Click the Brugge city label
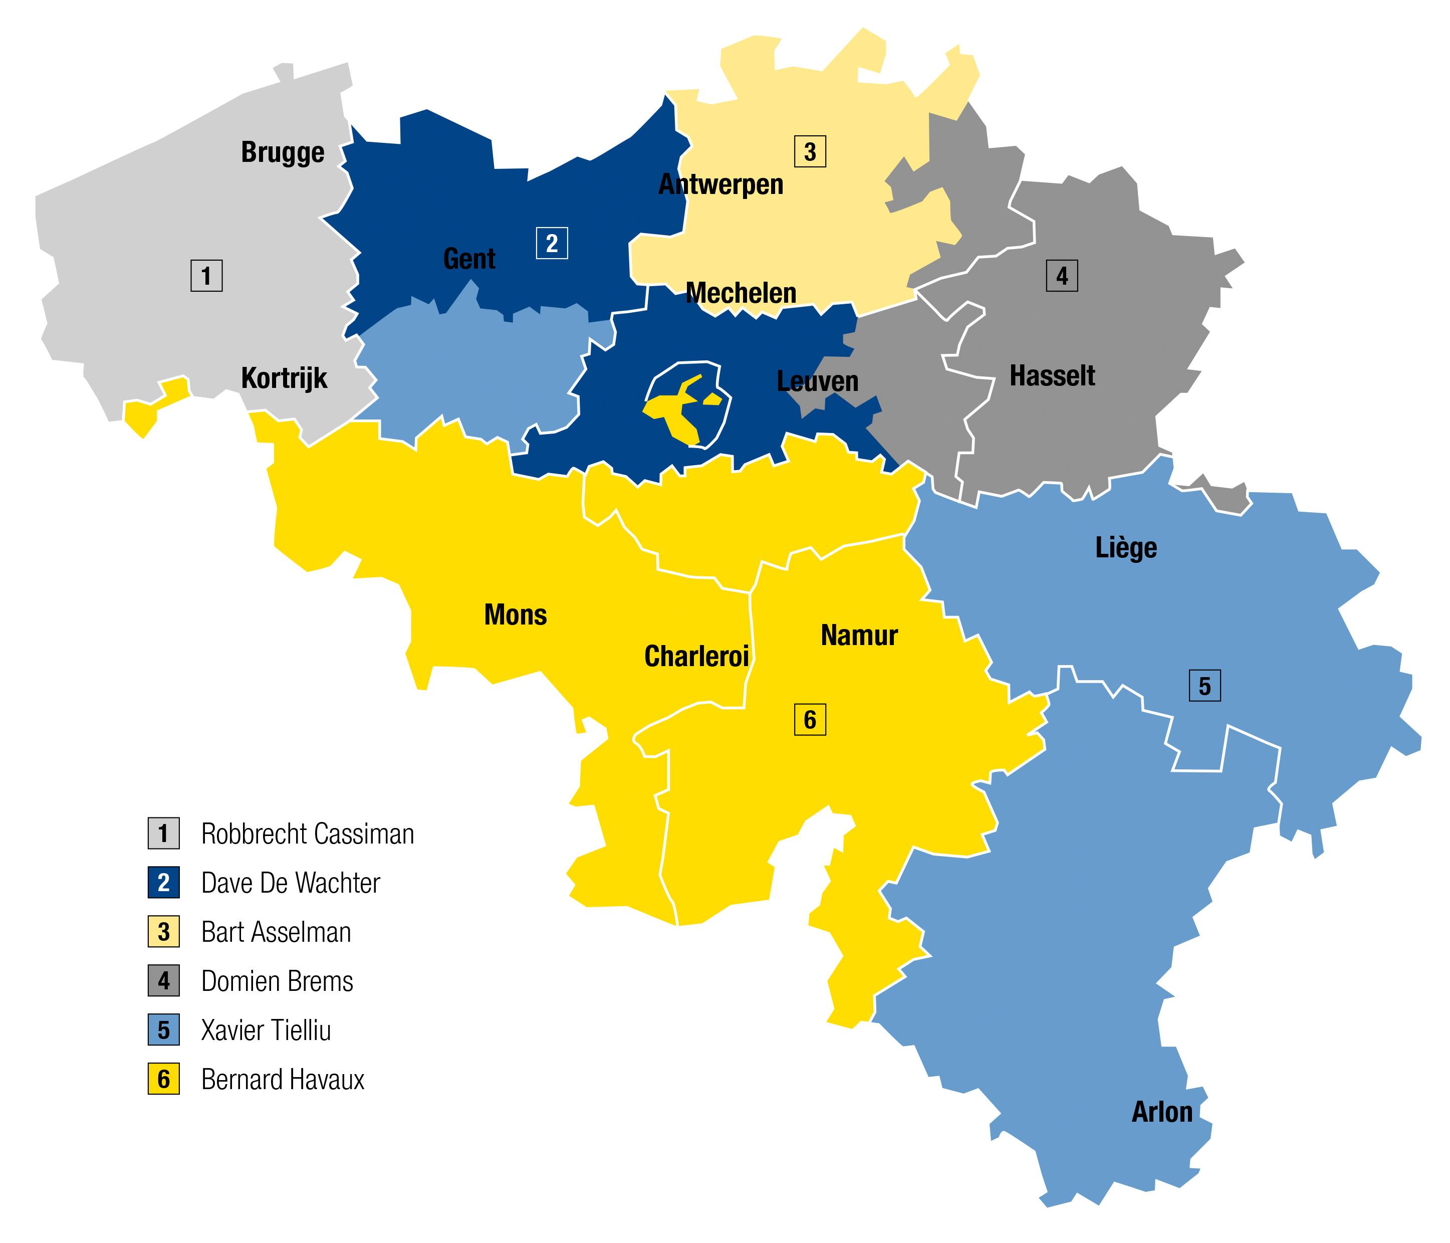(x=283, y=152)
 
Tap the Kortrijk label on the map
(x=284, y=378)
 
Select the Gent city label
(x=469, y=259)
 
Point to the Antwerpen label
(x=721, y=185)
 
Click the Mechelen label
(x=741, y=293)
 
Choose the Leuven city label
(x=817, y=381)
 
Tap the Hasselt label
(x=1052, y=376)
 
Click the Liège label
(x=1126, y=548)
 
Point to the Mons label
(x=515, y=615)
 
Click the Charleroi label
(x=696, y=657)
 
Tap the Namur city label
(x=859, y=636)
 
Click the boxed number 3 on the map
(x=810, y=152)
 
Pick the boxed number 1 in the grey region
(x=206, y=276)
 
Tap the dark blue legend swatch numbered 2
(x=164, y=883)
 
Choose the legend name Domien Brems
(x=277, y=982)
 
